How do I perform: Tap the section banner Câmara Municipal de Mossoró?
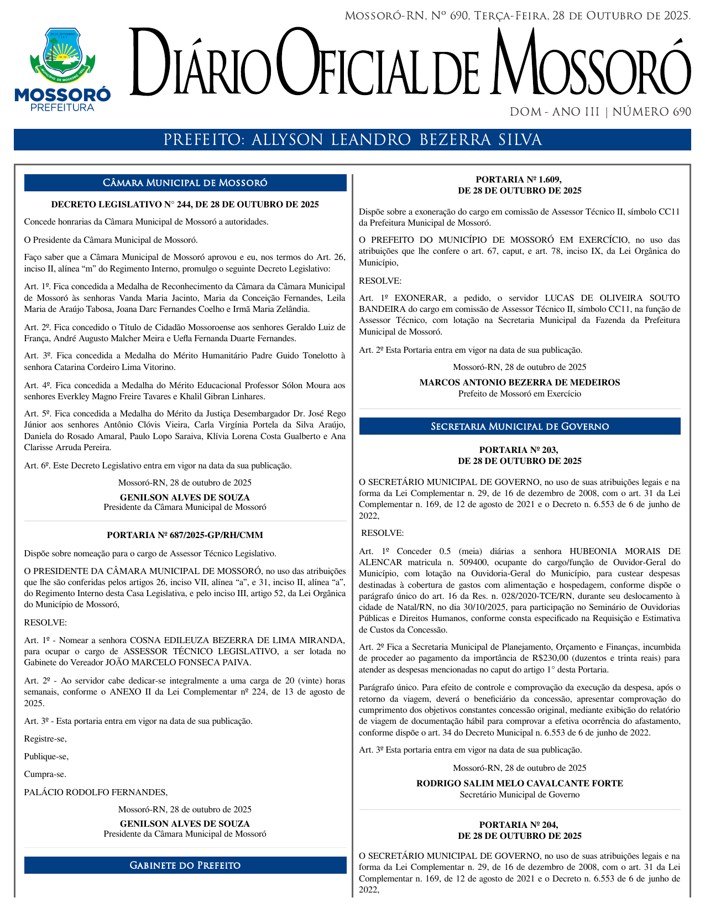tap(185, 183)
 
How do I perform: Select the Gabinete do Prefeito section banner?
tap(185, 865)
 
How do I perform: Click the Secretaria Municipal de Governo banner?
tap(520, 426)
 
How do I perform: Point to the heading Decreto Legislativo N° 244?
tap(185, 205)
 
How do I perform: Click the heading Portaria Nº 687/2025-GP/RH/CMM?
tap(185, 535)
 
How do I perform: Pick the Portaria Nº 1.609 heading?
tap(519, 185)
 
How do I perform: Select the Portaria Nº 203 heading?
tap(519, 456)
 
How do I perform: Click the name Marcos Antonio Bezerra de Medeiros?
tap(519, 383)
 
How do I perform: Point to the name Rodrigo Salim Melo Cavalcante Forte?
tap(519, 784)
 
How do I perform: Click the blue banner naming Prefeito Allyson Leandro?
tap(352, 140)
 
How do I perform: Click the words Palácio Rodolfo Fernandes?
tap(96, 792)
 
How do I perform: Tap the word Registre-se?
tap(45, 739)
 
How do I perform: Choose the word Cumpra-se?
tap(45, 774)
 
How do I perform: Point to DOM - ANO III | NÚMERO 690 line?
tap(600, 112)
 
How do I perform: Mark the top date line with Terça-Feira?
tap(518, 16)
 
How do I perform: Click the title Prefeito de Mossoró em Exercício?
tap(519, 394)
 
